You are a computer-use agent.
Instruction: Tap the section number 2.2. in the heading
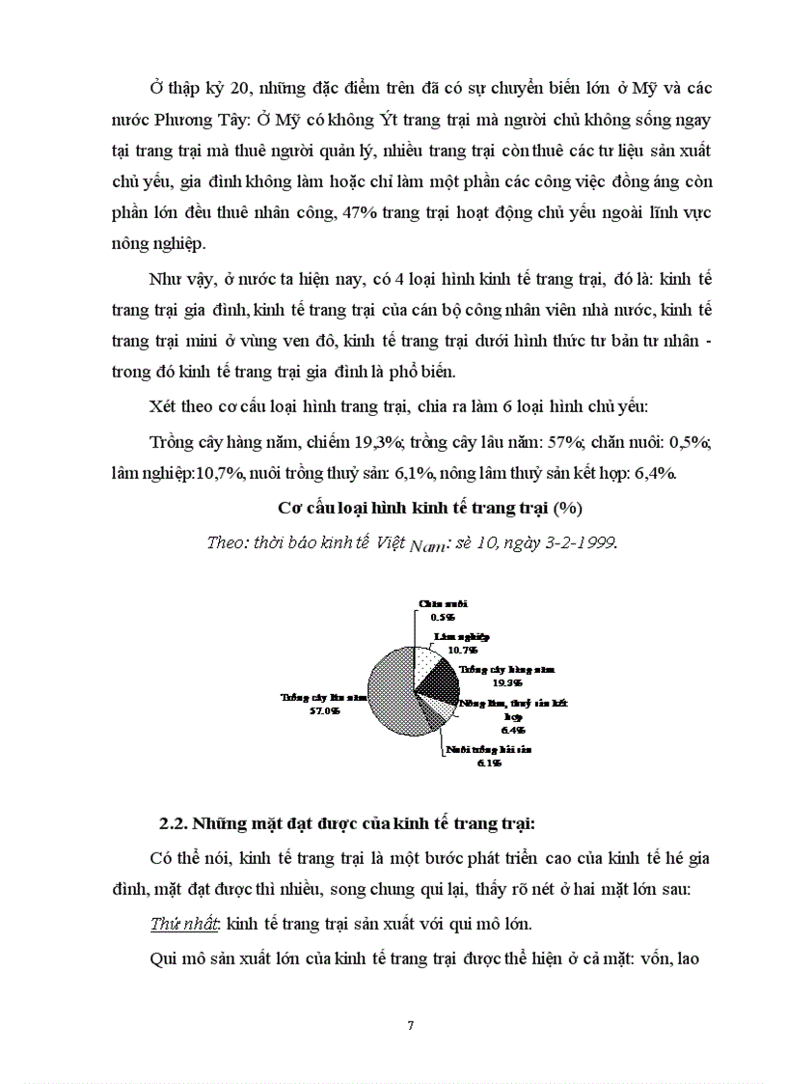coord(174,823)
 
